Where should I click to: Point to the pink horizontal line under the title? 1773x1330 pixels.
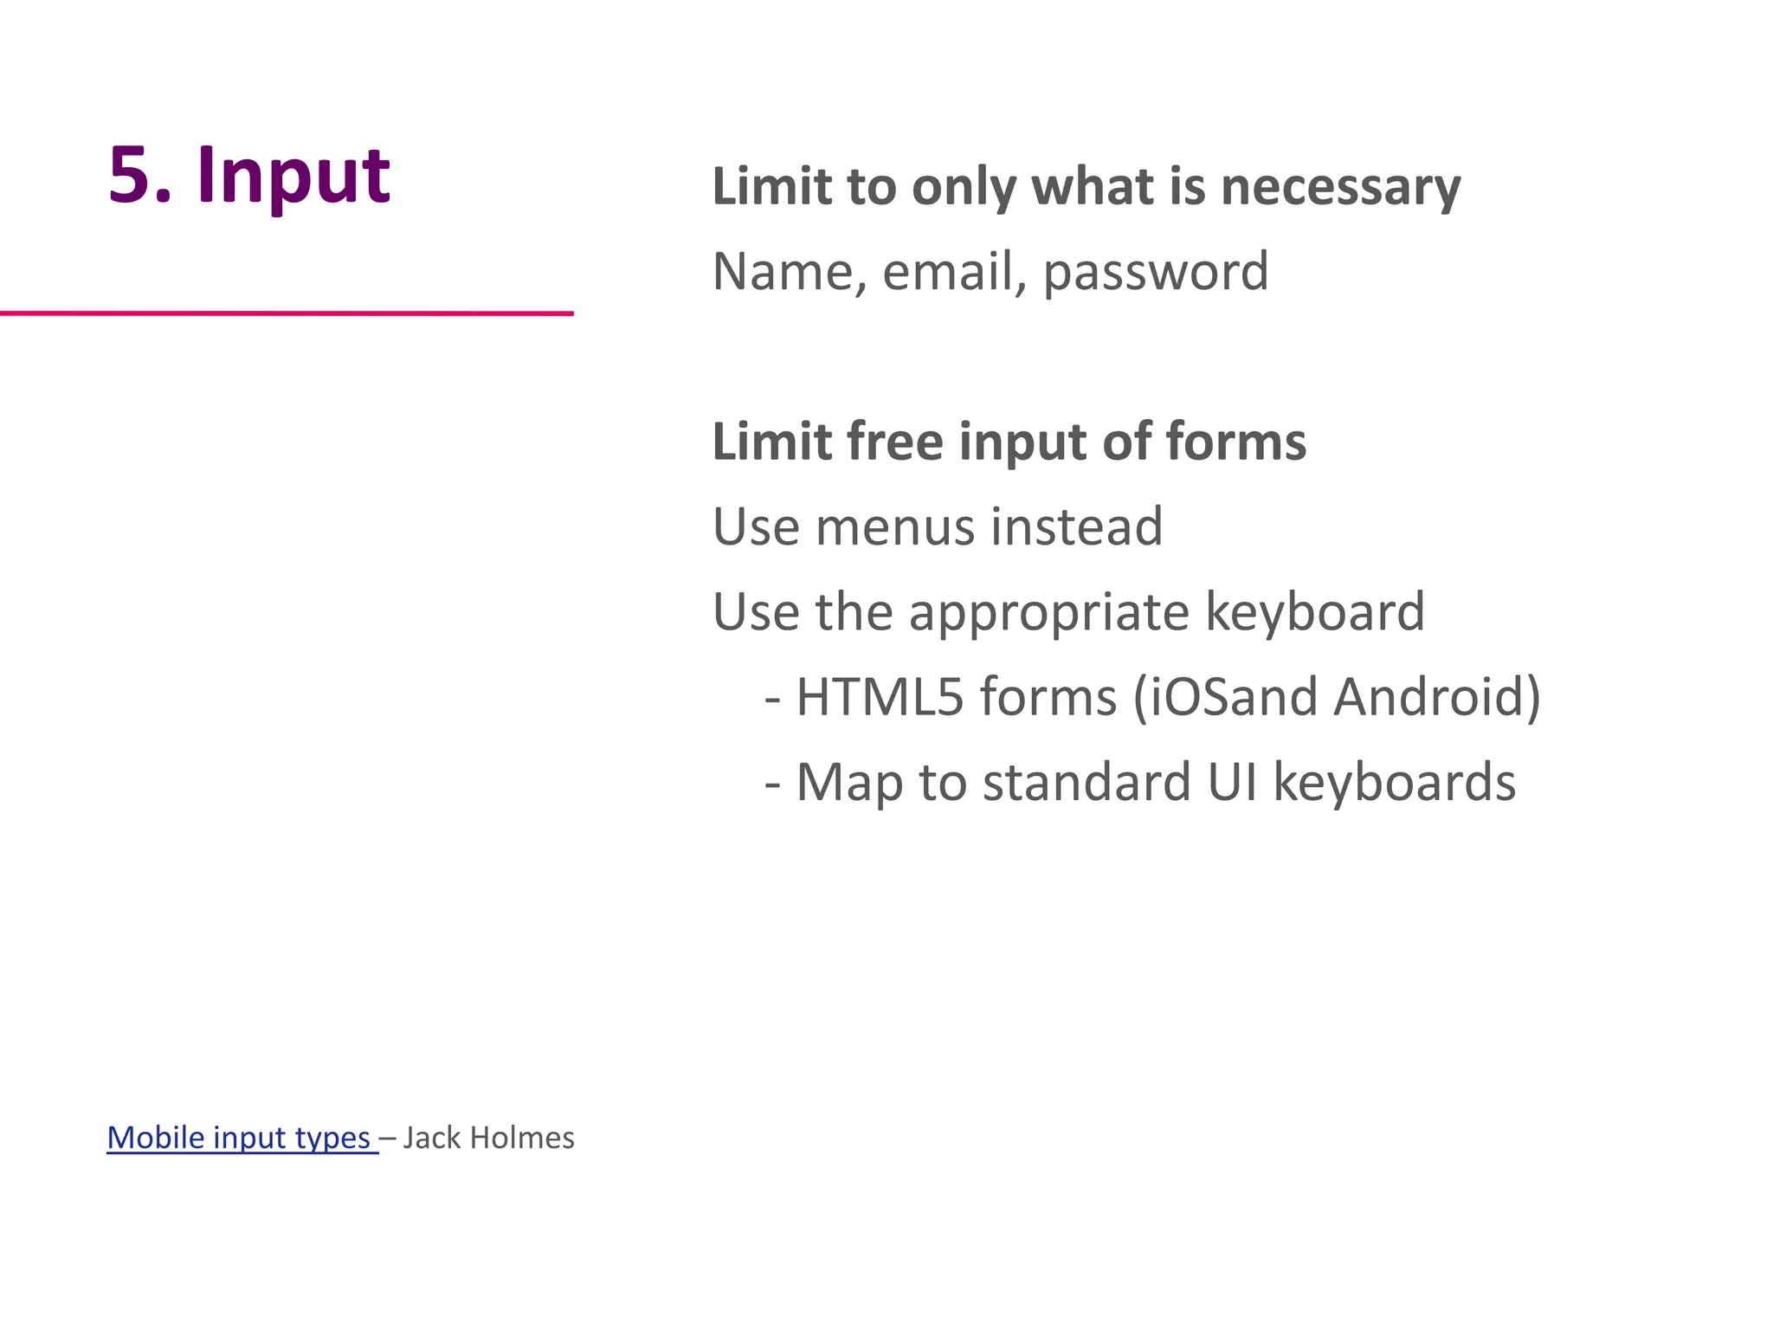click(x=286, y=313)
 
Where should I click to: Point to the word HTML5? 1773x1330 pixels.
click(x=879, y=697)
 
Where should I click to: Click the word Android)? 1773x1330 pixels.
click(x=1437, y=697)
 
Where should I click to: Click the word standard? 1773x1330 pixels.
click(x=1086, y=782)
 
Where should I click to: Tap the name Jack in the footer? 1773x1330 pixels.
click(x=431, y=1137)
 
